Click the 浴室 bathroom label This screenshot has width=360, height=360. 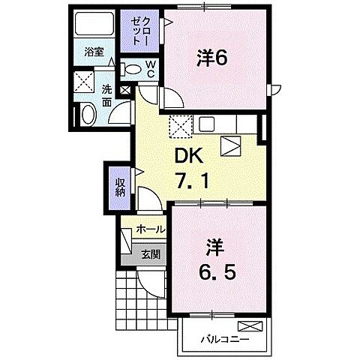pyautogui.click(x=94, y=52)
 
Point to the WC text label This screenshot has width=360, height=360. pyautogui.click(x=150, y=69)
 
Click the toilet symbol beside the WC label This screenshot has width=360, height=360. pyautogui.click(x=132, y=69)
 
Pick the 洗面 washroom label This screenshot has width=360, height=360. pyautogui.click(x=107, y=95)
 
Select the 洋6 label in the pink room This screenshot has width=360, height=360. pyautogui.click(x=213, y=57)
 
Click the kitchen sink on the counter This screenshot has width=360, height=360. pyautogui.click(x=207, y=124)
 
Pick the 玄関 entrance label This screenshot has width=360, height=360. pyautogui.click(x=151, y=254)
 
